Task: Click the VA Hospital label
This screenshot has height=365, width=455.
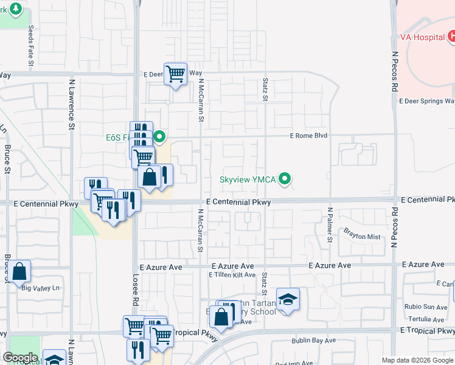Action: [419, 36]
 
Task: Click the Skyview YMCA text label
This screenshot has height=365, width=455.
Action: [248, 179]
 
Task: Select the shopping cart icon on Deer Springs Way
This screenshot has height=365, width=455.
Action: [175, 74]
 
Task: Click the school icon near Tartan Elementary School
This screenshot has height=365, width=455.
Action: [288, 299]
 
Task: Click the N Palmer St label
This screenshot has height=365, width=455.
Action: [330, 224]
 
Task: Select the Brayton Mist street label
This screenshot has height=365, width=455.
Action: [361, 237]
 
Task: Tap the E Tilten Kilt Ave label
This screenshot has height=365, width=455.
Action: [232, 275]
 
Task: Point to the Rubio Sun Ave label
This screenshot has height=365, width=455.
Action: [427, 307]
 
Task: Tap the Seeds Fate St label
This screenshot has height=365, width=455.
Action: [31, 43]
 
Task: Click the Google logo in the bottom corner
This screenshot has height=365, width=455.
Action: [20, 358]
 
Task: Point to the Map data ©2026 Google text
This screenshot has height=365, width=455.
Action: [418, 360]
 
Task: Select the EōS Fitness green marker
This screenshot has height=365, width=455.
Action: [159, 137]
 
